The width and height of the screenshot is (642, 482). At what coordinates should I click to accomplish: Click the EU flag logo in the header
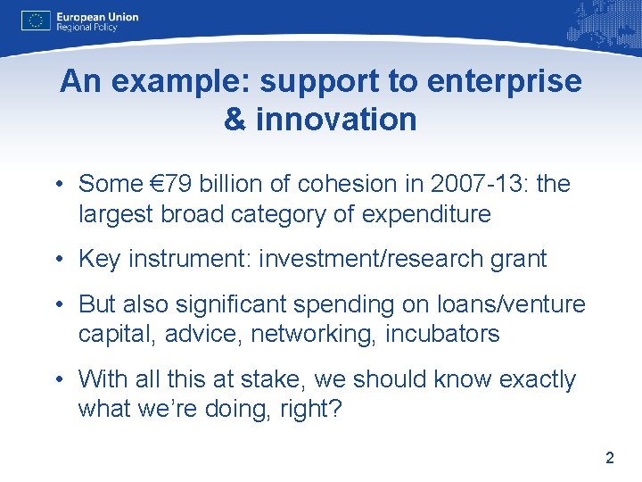click(x=36, y=21)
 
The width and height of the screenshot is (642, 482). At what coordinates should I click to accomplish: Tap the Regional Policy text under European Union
click(x=86, y=28)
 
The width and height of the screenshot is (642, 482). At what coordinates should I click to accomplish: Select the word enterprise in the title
click(x=505, y=82)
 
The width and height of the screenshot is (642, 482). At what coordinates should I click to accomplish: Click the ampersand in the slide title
click(x=235, y=119)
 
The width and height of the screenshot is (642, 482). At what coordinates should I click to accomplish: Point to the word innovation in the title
click(x=336, y=119)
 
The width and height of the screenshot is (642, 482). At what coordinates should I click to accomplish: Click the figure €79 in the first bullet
click(x=173, y=184)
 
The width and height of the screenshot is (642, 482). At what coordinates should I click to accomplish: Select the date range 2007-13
click(x=456, y=184)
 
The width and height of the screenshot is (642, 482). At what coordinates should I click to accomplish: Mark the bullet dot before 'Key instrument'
click(x=56, y=260)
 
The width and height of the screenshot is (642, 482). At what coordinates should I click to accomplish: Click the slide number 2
click(x=610, y=459)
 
